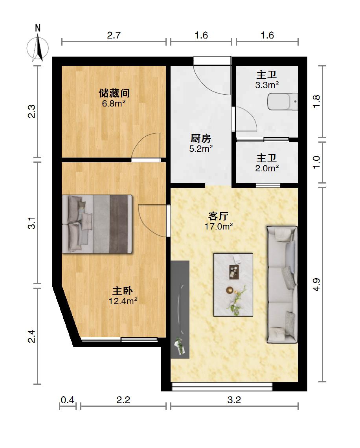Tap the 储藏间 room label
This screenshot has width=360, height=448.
click(114, 93)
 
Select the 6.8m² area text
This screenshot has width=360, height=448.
click(114, 103)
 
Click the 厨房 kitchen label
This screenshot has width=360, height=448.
click(201, 139)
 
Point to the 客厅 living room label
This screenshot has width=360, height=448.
click(219, 216)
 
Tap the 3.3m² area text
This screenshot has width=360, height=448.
click(267, 85)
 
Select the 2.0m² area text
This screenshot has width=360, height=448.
click(267, 168)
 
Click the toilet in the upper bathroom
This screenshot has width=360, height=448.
click(283, 101)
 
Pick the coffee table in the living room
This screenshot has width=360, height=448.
click(233, 285)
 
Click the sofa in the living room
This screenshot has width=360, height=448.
click(282, 285)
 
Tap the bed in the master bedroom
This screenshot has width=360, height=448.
click(97, 224)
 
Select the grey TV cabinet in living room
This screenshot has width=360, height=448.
click(180, 309)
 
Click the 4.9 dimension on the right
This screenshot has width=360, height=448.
click(316, 285)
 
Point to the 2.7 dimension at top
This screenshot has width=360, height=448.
click(114, 35)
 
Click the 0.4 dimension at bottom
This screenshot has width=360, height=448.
click(68, 400)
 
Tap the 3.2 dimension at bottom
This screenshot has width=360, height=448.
click(234, 400)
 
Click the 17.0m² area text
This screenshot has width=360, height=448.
click(219, 227)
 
